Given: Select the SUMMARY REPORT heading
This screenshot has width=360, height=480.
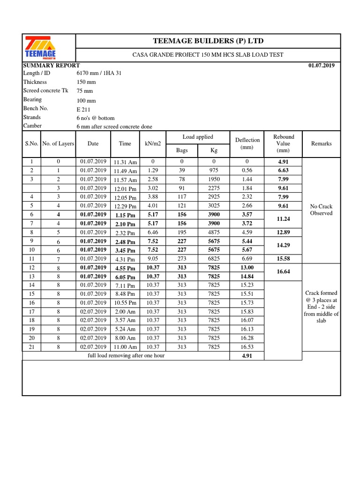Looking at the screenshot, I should click(x=52, y=66).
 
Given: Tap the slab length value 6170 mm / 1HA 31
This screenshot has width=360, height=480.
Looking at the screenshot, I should click(x=99, y=73).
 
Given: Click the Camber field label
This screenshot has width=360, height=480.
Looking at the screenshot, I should click(x=32, y=126).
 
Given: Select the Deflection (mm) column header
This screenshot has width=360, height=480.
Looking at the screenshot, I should click(x=247, y=143).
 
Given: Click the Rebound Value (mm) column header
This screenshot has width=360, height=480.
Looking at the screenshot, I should click(x=283, y=143).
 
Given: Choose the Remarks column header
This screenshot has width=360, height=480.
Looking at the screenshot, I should click(x=321, y=144).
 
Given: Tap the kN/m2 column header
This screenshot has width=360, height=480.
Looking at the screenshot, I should click(x=153, y=144).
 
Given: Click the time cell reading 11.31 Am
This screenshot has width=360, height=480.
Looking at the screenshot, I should click(x=125, y=162).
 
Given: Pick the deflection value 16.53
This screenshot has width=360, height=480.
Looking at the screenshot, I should click(x=247, y=347).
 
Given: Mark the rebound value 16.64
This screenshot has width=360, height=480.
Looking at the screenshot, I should click(x=283, y=271).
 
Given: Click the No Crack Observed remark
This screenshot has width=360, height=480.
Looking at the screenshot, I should click(x=321, y=210).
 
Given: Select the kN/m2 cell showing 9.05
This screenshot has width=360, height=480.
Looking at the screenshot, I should click(x=153, y=258).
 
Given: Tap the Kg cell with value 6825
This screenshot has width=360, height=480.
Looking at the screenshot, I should click(x=214, y=258).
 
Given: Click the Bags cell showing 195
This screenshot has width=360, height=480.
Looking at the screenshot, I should click(x=182, y=232).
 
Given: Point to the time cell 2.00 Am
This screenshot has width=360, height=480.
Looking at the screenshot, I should click(x=125, y=312).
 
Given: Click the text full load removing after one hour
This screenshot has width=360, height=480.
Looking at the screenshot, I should click(x=126, y=356).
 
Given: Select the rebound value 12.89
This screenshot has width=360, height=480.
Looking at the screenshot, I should click(x=283, y=232).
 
